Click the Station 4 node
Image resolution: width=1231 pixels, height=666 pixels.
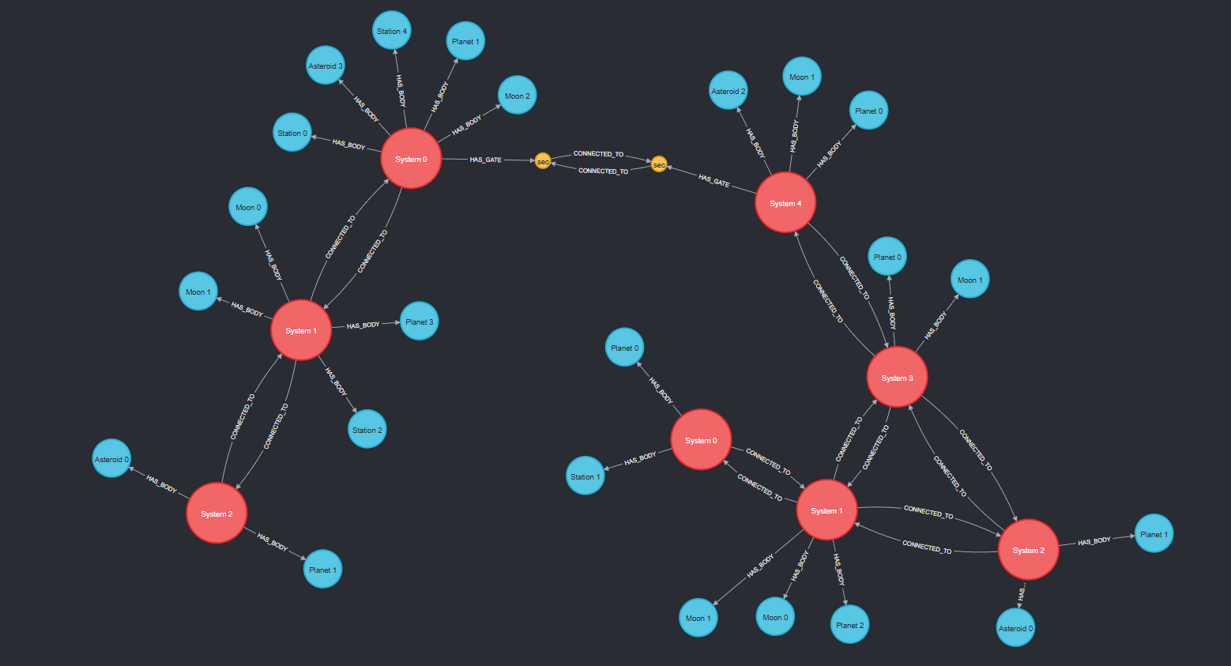coord(392,31)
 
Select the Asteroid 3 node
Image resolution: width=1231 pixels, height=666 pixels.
coord(326,66)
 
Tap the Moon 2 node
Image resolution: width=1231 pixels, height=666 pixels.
coord(518,96)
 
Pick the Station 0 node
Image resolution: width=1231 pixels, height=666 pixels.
coord(292,133)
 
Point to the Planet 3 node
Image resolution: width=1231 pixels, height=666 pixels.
coord(419,322)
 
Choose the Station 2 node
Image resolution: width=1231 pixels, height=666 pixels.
coord(367,430)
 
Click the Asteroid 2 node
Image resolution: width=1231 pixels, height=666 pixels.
coord(728,91)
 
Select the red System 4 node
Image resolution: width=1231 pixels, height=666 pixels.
coord(785,203)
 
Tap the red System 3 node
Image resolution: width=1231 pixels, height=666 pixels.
coord(897,378)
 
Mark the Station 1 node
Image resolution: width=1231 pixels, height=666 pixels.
coord(585,476)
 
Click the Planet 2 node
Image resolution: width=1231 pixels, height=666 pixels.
coord(850,625)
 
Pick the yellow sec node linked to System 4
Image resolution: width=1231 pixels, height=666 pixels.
coord(659,164)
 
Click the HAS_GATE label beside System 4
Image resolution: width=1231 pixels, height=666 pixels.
coord(714,181)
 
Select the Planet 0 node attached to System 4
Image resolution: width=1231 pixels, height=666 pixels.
coord(869,111)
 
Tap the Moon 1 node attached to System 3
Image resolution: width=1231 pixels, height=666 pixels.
coord(970,280)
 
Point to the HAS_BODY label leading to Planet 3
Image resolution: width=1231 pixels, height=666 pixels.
coord(363,325)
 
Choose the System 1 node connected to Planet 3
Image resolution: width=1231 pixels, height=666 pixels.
coord(301,330)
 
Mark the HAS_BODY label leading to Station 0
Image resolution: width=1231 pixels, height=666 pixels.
coord(348,145)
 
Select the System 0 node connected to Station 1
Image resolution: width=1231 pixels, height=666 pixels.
coord(701,440)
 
